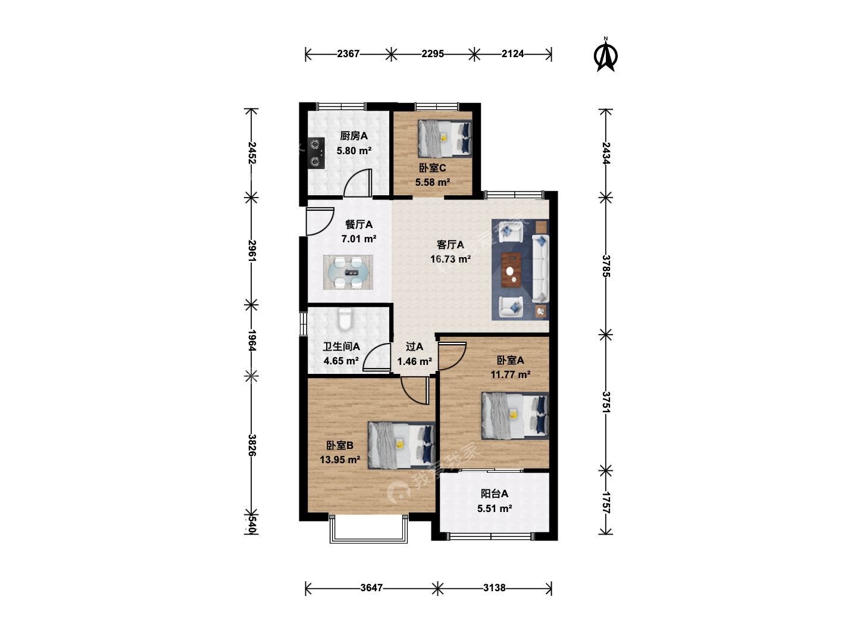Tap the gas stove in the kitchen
316,152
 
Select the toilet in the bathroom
345,318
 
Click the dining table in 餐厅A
348,272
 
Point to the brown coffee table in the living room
511,269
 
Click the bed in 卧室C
445,139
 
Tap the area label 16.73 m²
450,259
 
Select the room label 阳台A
495,494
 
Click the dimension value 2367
348,54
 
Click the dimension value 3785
606,266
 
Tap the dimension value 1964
252,340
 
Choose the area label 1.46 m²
414,361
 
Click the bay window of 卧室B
368,529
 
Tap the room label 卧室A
510,360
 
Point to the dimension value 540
252,524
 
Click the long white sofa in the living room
540,268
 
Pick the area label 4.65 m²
341,361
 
